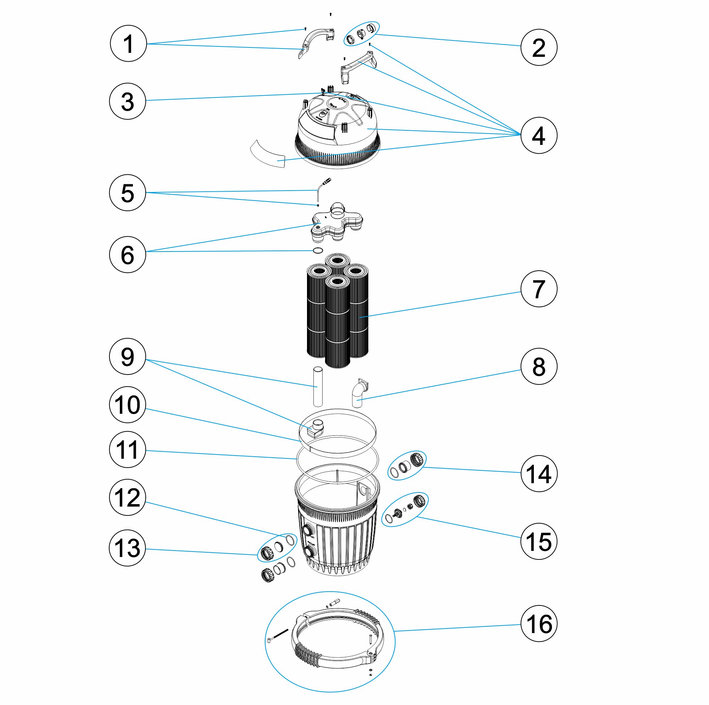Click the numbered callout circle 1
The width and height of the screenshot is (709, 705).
point(128,44)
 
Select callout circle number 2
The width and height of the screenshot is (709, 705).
point(538,47)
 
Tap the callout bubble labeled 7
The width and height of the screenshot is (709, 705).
point(538,289)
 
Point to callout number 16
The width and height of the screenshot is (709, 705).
point(538,623)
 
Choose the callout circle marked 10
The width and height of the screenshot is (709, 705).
point(127,405)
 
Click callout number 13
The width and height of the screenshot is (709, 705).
point(127,548)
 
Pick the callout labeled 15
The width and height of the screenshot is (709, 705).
point(538,541)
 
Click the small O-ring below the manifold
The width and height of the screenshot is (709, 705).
point(318,251)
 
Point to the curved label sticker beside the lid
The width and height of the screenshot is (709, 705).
point(268,153)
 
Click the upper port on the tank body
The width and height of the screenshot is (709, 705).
point(307,530)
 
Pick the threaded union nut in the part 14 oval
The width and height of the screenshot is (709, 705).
point(417,459)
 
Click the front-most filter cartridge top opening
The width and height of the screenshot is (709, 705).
point(337,282)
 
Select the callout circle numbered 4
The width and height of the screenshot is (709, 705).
point(538,135)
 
